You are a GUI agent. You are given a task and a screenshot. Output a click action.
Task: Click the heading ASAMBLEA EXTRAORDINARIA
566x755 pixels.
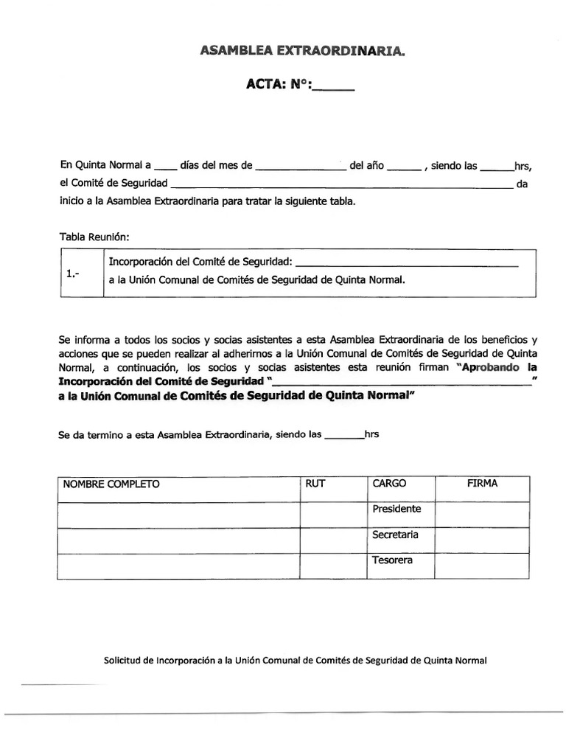point(302,51)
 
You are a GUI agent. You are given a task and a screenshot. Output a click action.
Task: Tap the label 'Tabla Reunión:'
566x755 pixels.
point(94,237)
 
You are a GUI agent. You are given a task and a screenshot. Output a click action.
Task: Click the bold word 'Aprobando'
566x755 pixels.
point(492,366)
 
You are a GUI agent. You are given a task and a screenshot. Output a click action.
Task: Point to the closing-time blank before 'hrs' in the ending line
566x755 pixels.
point(344,436)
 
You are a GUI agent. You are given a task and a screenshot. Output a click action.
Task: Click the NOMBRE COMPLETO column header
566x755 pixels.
point(111,484)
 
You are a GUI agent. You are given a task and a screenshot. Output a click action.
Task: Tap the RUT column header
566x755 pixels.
point(315,484)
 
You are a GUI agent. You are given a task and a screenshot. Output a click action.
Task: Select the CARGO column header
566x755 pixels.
point(389,484)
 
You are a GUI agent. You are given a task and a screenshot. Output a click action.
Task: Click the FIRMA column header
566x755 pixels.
point(482,484)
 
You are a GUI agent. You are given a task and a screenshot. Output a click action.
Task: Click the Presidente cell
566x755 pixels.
point(396,509)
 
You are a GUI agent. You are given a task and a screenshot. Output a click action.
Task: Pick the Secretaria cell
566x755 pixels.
point(395,535)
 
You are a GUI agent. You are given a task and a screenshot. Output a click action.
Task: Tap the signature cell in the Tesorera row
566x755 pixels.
point(482,565)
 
